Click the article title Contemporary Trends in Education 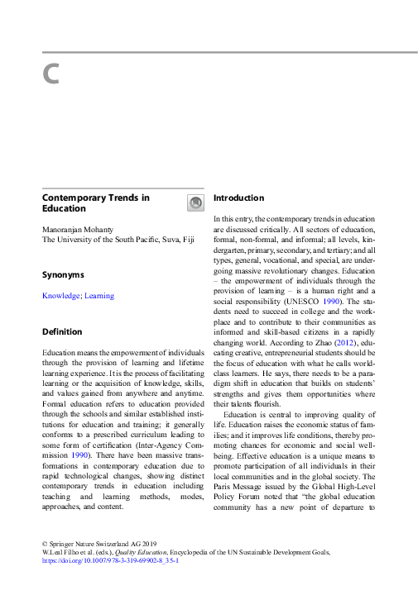click(x=95, y=203)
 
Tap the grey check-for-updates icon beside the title click(x=195, y=202)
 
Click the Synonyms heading click(x=63, y=274)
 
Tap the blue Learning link click(x=99, y=296)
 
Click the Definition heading click(x=62, y=331)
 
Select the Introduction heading click(x=238, y=198)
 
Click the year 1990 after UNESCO click(x=332, y=302)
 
